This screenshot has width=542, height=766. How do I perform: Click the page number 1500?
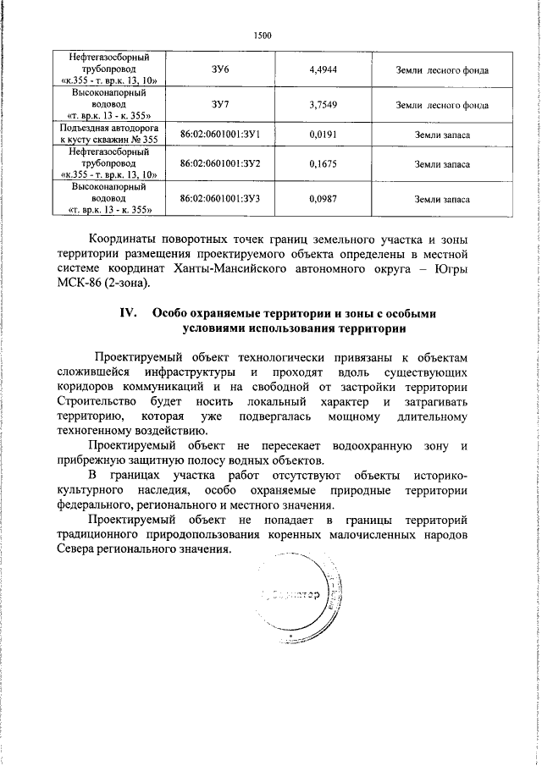263,36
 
